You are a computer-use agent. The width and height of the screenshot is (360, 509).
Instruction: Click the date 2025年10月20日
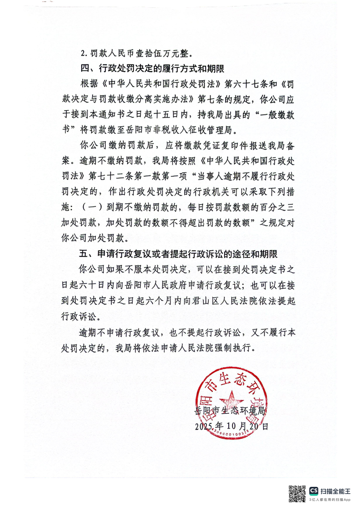pyautogui.click(x=231, y=426)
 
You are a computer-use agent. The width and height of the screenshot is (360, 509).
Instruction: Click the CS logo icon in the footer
pyautogui.click(x=314, y=490)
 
